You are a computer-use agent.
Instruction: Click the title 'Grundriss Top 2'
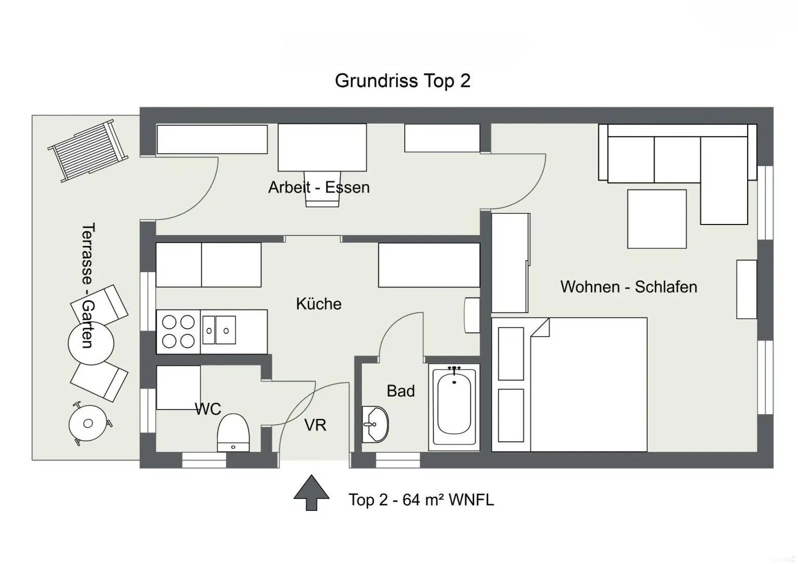pyautogui.click(x=402, y=81)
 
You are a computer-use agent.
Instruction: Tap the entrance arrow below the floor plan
pyautogui.click(x=311, y=492)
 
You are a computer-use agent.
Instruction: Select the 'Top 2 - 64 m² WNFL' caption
pyautogui.click(x=421, y=500)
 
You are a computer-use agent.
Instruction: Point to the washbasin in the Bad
pyautogui.click(x=374, y=424)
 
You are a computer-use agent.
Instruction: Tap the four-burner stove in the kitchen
pyautogui.click(x=178, y=332)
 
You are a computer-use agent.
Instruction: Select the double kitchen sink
pyautogui.click(x=219, y=330)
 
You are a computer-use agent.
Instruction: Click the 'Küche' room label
pyautogui.click(x=318, y=304)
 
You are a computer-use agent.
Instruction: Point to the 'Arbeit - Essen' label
pyautogui.click(x=318, y=187)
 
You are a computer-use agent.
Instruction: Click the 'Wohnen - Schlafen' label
pyautogui.click(x=629, y=287)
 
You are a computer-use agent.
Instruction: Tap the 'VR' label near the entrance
pyautogui.click(x=315, y=425)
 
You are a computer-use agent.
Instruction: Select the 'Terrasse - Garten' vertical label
pyautogui.click(x=88, y=285)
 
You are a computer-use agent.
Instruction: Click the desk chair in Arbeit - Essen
pyautogui.click(x=323, y=189)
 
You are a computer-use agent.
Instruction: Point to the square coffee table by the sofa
pyautogui.click(x=657, y=219)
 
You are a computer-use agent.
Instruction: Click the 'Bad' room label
pyautogui.click(x=401, y=391)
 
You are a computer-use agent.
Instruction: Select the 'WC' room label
pyautogui.click(x=208, y=409)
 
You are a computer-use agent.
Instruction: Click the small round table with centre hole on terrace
pyautogui.click(x=88, y=423)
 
